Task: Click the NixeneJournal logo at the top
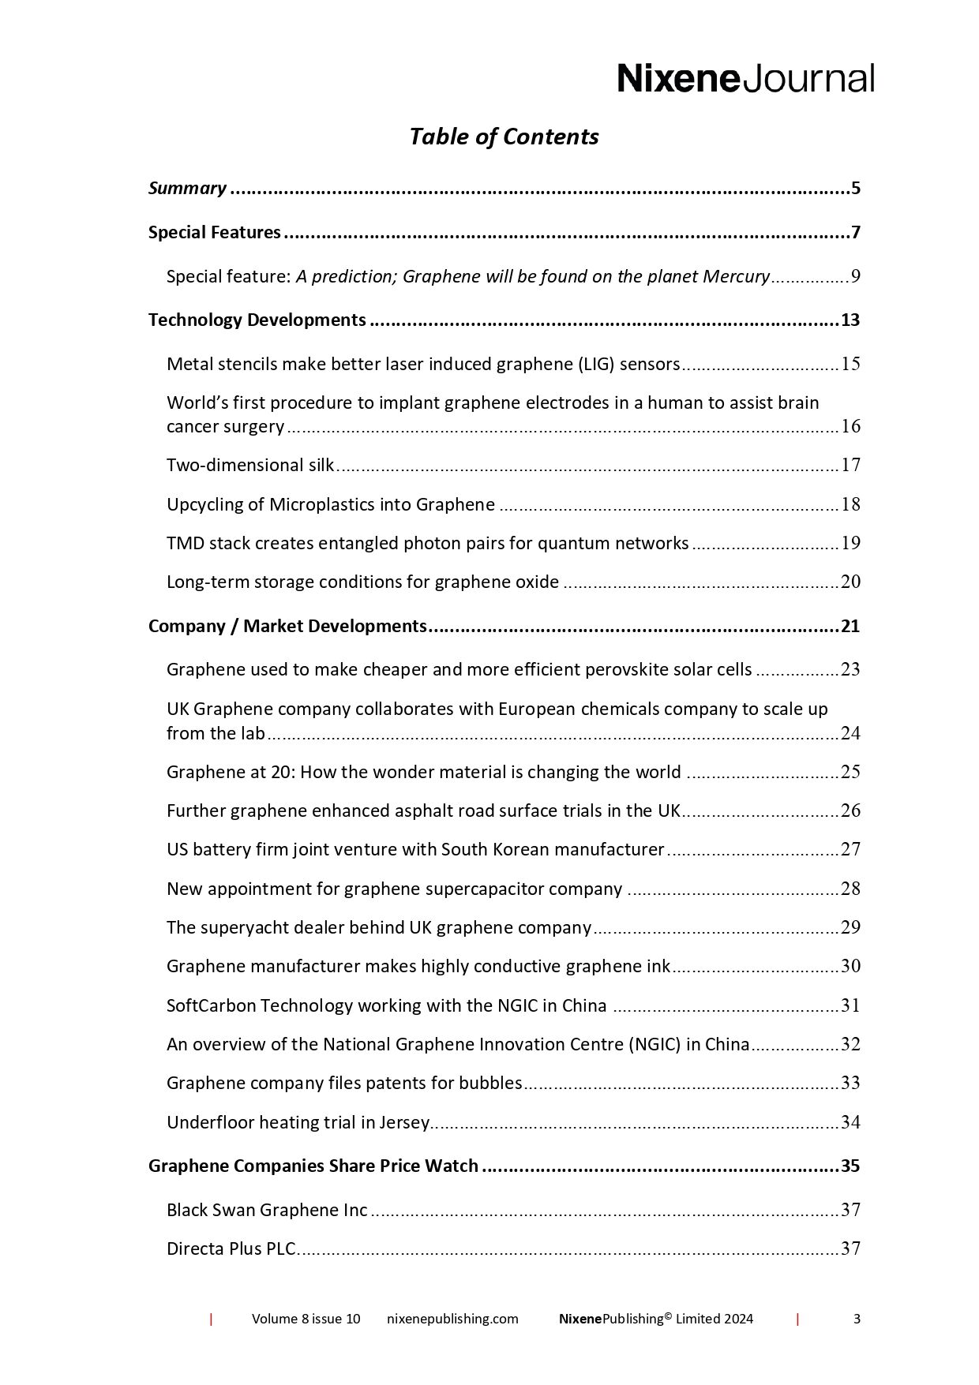745,79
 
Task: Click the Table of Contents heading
504,137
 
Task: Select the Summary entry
188,189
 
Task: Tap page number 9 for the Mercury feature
854,277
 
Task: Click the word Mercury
736,277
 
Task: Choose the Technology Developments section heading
257,320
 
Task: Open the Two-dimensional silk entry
250,465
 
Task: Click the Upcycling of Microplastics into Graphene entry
331,504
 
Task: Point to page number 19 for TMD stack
850,543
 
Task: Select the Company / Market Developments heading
287,627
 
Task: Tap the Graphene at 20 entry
423,772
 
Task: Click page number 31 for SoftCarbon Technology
850,1005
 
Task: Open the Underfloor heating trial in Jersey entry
298,1122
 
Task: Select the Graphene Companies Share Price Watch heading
313,1166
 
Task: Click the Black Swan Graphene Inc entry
267,1210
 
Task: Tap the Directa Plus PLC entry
231,1248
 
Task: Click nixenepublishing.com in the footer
452,1319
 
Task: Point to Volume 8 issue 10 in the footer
306,1319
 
